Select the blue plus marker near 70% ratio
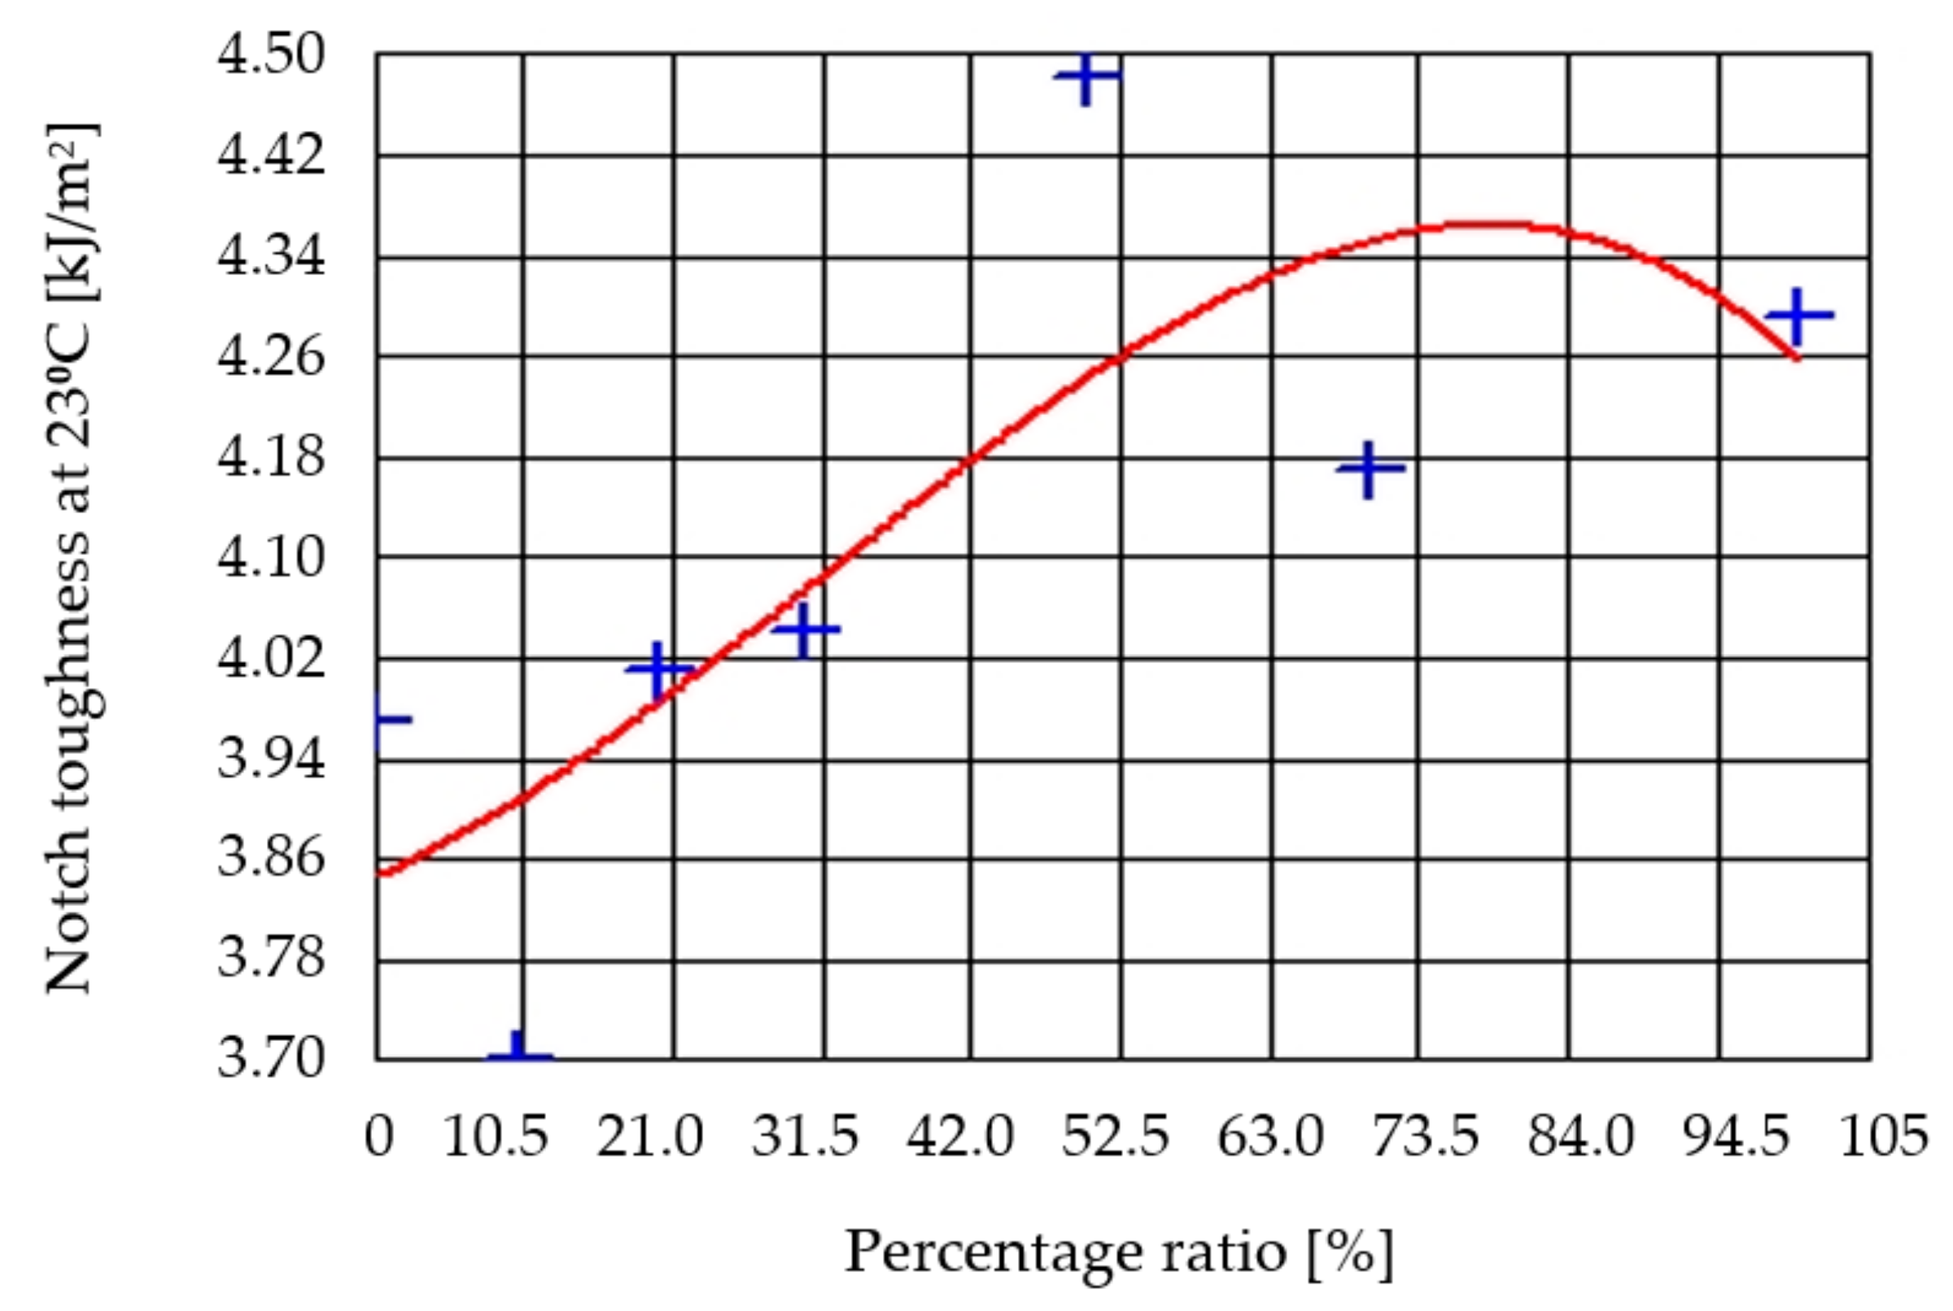tap(1369, 469)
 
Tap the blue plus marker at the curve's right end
tap(1798, 316)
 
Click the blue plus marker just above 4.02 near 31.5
tap(805, 629)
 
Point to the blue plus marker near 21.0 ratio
tap(659, 669)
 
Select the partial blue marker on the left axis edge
tap(390, 720)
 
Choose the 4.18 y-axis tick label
tap(270, 457)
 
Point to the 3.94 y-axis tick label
tap(270, 758)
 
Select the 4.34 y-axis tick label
tap(270, 256)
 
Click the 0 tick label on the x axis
tap(378, 1138)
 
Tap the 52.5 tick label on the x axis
tap(1115, 1138)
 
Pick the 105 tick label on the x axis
tap(1883, 1138)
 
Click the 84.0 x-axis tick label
tap(1580, 1138)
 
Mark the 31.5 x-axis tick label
tap(805, 1138)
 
